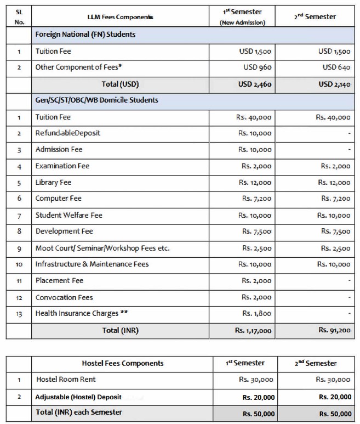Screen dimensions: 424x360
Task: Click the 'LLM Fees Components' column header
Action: click(x=120, y=17)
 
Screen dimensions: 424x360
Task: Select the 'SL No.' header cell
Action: click(x=19, y=16)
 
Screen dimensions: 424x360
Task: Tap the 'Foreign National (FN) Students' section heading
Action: click(x=85, y=34)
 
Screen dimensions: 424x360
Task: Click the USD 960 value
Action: click(x=258, y=67)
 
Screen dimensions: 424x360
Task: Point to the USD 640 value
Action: click(x=336, y=67)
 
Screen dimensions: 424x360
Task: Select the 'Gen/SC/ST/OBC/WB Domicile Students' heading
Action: click(x=96, y=100)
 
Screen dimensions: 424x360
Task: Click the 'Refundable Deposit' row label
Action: click(x=67, y=133)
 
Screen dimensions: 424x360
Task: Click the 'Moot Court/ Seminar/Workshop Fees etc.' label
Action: click(x=102, y=248)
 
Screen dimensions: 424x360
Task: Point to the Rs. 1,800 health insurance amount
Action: click(x=256, y=314)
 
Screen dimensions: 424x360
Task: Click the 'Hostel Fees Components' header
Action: click(x=123, y=363)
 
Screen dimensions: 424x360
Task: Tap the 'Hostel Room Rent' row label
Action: click(x=66, y=380)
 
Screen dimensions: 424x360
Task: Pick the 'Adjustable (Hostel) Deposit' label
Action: click(x=78, y=397)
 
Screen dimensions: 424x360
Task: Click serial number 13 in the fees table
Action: click(x=19, y=314)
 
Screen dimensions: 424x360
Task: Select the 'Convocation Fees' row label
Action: click(x=64, y=297)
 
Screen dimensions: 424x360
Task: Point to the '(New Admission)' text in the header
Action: click(x=242, y=22)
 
